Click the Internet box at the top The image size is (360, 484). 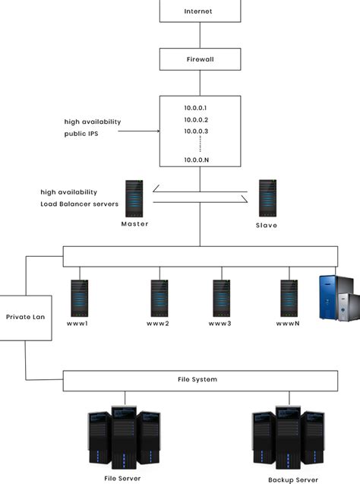[200, 11]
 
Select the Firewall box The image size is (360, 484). [200, 59]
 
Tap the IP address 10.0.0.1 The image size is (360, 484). [195, 108]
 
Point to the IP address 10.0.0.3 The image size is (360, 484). [195, 132]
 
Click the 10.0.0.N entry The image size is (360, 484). [195, 160]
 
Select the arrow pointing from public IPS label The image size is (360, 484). [140, 131]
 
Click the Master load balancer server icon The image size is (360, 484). [134, 198]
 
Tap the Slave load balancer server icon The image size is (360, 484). [267, 198]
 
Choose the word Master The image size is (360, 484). [134, 224]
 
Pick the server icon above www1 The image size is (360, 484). [80, 298]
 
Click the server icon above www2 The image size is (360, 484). [159, 298]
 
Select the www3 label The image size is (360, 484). [219, 324]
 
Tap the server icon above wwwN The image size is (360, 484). [289, 298]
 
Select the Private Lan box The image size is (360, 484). [26, 317]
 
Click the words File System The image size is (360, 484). [200, 380]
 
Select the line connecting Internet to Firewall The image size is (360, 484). [200, 35]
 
